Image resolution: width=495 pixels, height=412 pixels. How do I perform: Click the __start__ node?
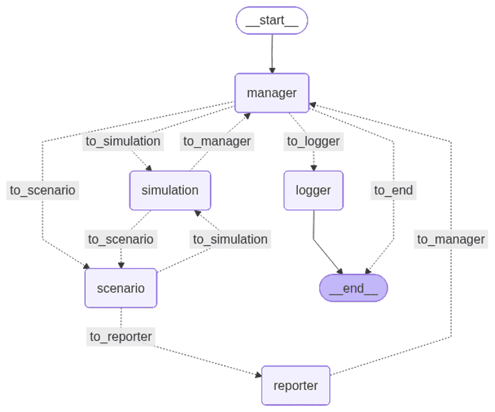tap(272, 20)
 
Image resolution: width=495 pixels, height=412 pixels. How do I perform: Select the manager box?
tap(272, 93)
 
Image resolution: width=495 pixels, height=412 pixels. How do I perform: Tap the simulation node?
tap(170, 190)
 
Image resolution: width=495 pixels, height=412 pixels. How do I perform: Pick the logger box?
tap(313, 190)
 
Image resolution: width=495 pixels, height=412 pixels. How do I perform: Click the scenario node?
tap(121, 288)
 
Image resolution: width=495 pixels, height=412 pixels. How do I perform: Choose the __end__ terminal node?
tap(353, 288)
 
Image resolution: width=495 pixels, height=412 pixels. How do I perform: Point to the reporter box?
tap(296, 385)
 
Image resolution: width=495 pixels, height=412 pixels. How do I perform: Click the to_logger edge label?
tap(313, 141)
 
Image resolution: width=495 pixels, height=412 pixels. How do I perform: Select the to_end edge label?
tap(394, 190)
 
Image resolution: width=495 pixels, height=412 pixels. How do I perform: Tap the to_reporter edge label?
tap(121, 336)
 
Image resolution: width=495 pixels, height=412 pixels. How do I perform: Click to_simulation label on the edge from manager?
tap(123, 141)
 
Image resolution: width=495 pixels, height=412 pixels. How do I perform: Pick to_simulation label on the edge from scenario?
tap(230, 239)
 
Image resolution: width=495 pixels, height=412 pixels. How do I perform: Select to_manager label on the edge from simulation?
tap(217, 141)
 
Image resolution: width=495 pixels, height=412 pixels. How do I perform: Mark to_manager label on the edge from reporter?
tap(451, 239)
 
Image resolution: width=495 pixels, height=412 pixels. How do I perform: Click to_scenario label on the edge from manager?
tap(43, 190)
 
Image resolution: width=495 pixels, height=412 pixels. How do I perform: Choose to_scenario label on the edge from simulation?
tap(121, 239)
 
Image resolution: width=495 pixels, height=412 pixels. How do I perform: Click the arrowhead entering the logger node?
tap(313, 167)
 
